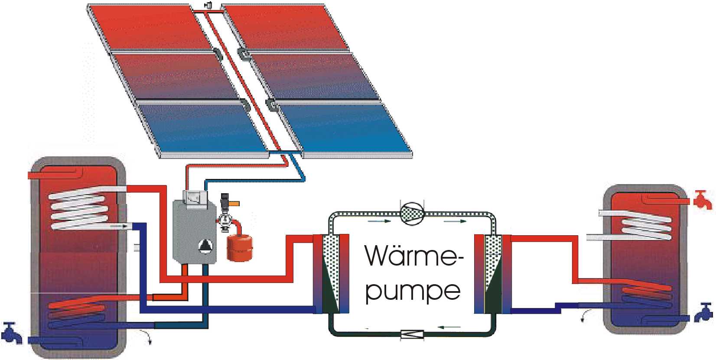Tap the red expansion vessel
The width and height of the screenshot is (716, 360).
click(239, 248)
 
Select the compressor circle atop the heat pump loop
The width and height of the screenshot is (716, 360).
click(412, 214)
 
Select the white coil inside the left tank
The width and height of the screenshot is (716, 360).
click(78, 208)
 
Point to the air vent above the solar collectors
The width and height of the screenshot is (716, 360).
click(209, 5)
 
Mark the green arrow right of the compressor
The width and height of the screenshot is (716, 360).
click(455, 221)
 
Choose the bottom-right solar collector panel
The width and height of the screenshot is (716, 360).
click(347, 128)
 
